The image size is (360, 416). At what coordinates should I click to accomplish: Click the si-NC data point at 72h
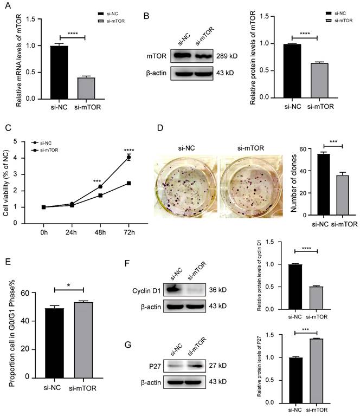click(128, 157)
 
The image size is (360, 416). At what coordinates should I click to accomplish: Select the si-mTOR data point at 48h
click(100, 195)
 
